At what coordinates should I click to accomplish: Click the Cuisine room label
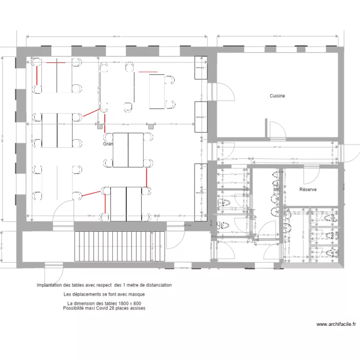(277, 96)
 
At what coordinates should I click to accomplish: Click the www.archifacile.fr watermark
(336, 324)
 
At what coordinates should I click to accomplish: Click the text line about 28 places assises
(104, 308)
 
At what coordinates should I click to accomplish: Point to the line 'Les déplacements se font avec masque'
(104, 294)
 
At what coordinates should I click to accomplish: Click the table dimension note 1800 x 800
(104, 303)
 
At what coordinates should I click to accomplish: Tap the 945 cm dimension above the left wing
(116, 36)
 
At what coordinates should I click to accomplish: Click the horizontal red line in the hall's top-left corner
(55, 62)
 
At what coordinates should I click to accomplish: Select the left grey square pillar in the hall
(100, 126)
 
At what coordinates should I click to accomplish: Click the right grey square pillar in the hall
(151, 126)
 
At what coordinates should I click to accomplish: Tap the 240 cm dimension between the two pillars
(125, 124)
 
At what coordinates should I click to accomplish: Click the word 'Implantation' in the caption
(50, 285)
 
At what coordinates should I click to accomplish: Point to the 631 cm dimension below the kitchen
(277, 147)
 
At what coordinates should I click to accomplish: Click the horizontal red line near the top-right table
(147, 72)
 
